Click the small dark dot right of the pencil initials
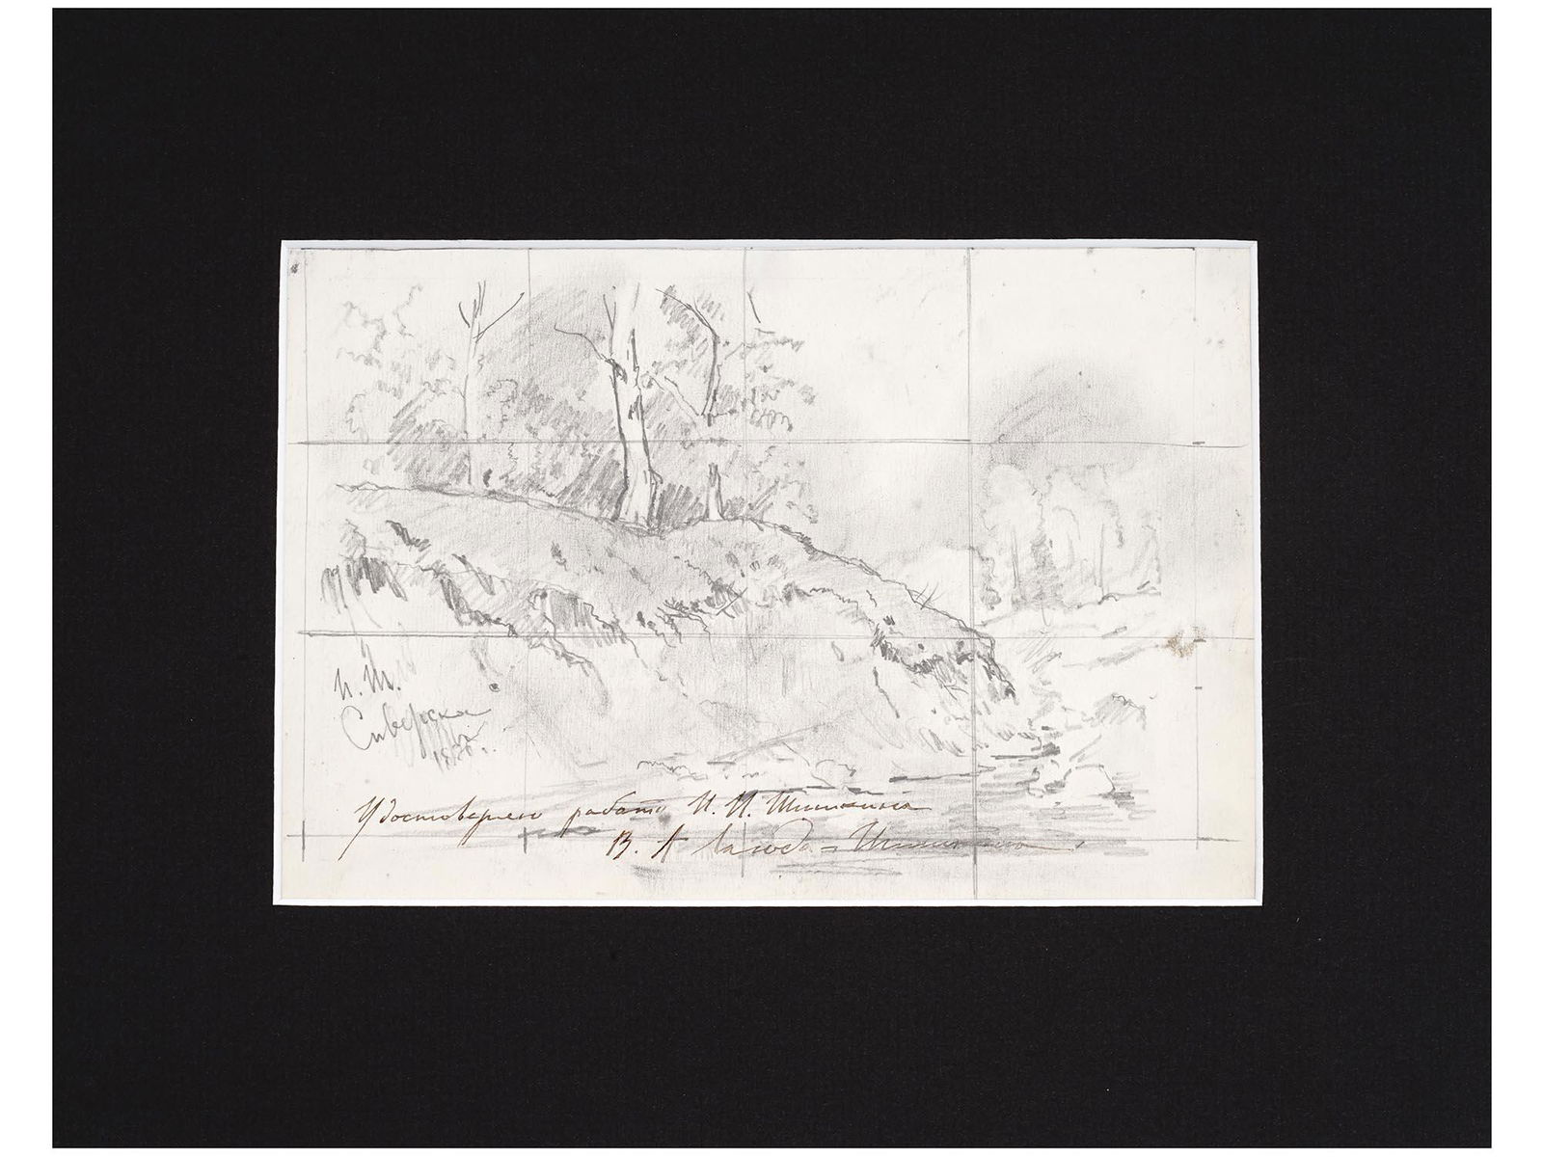tap(493, 686)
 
